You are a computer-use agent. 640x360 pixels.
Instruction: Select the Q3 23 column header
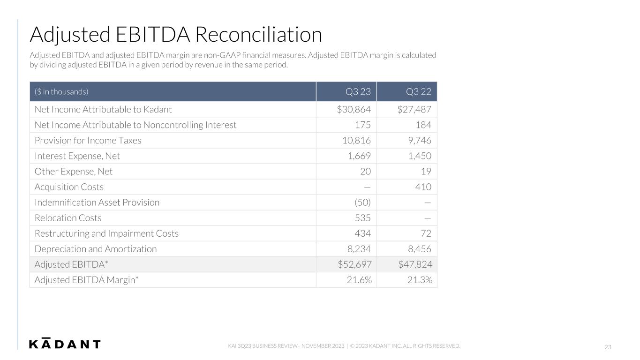click(x=358, y=92)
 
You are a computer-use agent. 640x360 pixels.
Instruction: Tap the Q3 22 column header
click(x=419, y=92)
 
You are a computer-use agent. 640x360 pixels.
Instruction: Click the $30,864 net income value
click(x=354, y=109)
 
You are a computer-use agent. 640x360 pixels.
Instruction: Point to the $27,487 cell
click(x=414, y=109)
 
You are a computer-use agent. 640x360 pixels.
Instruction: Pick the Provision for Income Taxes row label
click(x=88, y=141)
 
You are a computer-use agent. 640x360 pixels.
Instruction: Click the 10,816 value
click(x=356, y=141)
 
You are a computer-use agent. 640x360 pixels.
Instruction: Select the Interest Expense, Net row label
click(x=77, y=156)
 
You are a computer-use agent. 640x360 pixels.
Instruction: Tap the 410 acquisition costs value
click(x=423, y=187)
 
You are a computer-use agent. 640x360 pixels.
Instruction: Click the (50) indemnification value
click(x=362, y=202)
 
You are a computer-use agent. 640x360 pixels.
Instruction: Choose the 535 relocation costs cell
click(x=363, y=218)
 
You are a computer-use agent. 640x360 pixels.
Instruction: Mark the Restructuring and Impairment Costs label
click(x=106, y=233)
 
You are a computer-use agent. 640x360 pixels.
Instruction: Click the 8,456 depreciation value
click(x=420, y=249)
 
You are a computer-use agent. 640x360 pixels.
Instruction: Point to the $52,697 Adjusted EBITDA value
click(x=354, y=264)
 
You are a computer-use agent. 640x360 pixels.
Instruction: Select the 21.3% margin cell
click(x=420, y=280)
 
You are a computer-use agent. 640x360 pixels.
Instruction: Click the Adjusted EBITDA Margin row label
click(x=86, y=280)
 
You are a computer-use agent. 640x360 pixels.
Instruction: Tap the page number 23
click(x=608, y=347)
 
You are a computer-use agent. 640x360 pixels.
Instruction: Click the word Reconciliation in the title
click(x=258, y=35)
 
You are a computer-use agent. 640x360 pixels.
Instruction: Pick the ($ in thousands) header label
click(x=61, y=92)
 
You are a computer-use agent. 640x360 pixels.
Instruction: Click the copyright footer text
click(x=405, y=346)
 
